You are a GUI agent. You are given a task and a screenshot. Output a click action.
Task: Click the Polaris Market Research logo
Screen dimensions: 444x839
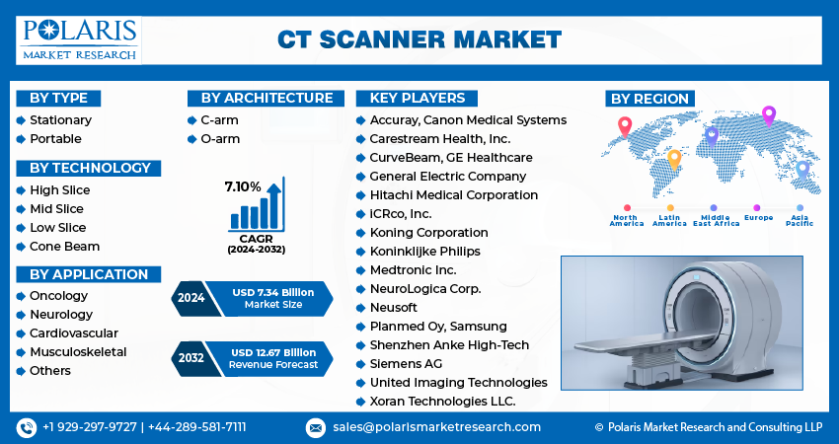[x=79, y=38]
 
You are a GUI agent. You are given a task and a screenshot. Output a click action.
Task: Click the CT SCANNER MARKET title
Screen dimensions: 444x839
[x=419, y=39]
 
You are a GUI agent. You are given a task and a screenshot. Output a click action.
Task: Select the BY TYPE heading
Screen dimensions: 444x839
[x=58, y=98]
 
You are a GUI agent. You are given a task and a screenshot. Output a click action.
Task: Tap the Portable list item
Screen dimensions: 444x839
[x=55, y=139]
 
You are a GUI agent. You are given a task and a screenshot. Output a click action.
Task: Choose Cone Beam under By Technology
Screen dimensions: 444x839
[x=64, y=247]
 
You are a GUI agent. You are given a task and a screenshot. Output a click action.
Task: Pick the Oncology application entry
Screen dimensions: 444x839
[x=58, y=296]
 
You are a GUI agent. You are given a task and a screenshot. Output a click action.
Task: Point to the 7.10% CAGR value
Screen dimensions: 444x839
[x=242, y=186]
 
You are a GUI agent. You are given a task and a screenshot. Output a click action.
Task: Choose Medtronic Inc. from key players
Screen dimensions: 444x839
[x=414, y=270]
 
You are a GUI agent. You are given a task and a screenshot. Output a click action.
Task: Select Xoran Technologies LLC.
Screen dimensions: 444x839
[x=443, y=402]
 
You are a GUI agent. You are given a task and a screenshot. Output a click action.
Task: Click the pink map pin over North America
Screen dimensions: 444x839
[x=624, y=125]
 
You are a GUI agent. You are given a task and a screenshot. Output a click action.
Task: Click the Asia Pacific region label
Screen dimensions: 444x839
[x=800, y=220]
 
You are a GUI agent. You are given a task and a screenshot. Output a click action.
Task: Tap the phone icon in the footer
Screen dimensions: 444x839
[x=26, y=427]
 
